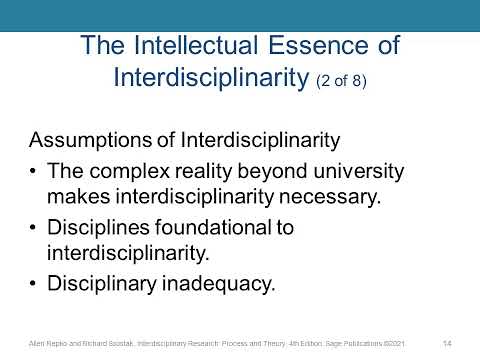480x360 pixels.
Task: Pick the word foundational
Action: click(222, 227)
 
